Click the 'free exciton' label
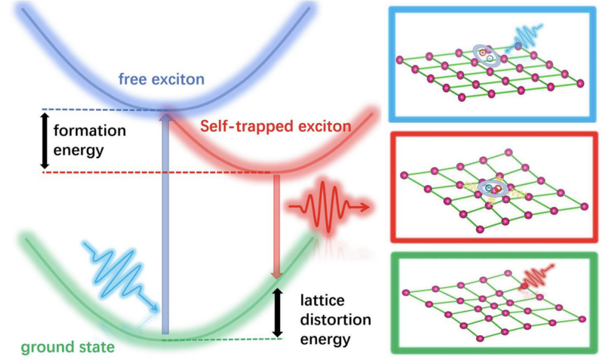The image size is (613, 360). coord(161,80)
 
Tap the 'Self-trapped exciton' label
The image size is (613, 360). coord(275,127)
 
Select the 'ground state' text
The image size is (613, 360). coord(59,348)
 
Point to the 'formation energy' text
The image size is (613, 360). coord(89,140)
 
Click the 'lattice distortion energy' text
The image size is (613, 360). coord(335,320)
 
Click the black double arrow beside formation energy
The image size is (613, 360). coord(44,140)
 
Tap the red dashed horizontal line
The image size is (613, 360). coord(153,173)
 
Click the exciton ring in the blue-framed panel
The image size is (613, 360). coord(487,55)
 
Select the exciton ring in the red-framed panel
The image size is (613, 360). coord(493,188)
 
